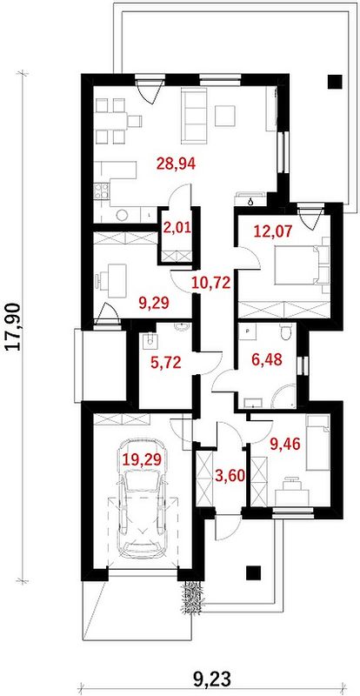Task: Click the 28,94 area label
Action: click(x=177, y=164)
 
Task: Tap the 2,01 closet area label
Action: click(x=177, y=229)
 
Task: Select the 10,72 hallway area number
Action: click(x=211, y=282)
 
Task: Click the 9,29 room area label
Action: click(x=154, y=303)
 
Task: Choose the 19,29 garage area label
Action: click(x=142, y=459)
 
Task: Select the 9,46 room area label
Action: click(x=285, y=443)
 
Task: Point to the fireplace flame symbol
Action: click(x=251, y=202)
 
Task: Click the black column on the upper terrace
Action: click(x=335, y=81)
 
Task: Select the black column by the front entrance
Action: click(x=254, y=572)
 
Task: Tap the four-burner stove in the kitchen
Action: click(x=102, y=191)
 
